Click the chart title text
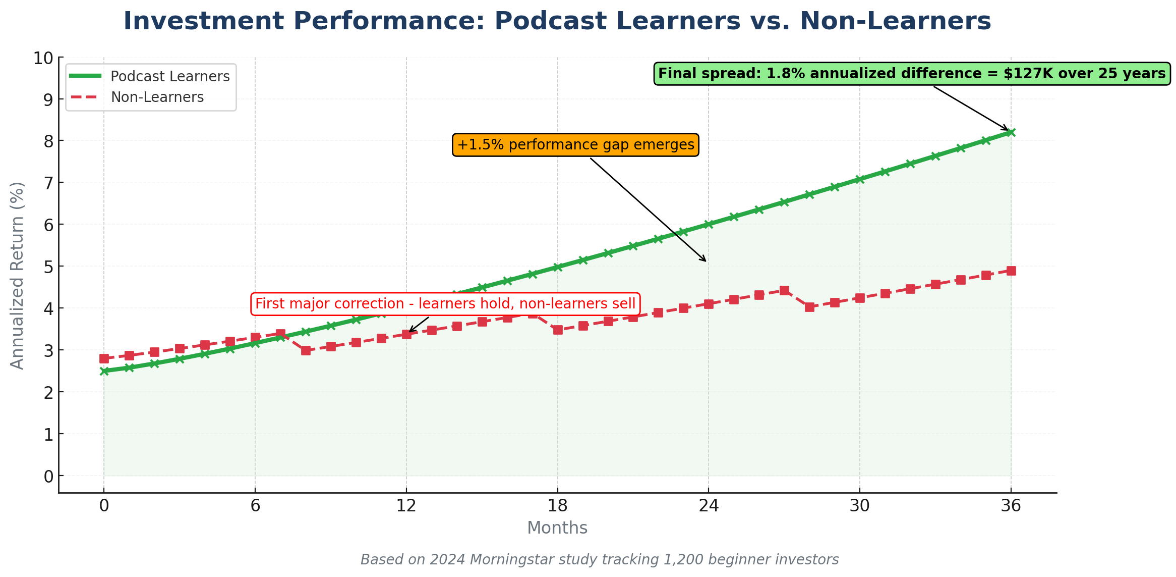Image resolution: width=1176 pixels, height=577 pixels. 557,21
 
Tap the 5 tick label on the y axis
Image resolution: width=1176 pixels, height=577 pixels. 48,267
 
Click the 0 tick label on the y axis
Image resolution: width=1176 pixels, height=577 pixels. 48,476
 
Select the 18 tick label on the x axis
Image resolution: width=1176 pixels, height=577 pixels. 557,505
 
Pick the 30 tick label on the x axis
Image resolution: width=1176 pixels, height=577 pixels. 860,505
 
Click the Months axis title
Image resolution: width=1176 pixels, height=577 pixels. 557,528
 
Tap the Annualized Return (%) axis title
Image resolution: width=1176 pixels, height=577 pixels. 17,276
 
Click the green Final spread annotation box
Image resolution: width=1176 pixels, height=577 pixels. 912,74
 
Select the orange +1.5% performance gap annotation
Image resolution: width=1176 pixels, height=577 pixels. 575,145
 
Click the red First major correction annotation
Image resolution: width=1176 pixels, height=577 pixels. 445,304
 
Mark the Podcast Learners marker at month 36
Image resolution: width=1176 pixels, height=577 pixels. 1011,132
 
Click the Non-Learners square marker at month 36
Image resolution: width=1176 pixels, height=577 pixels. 1011,271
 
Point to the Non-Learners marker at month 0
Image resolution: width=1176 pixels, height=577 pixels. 104,358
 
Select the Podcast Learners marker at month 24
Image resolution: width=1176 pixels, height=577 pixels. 709,224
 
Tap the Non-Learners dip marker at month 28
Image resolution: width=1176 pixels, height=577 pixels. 809,307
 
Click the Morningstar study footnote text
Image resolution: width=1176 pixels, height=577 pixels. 599,560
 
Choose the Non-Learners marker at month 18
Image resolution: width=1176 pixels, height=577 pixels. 557,330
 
